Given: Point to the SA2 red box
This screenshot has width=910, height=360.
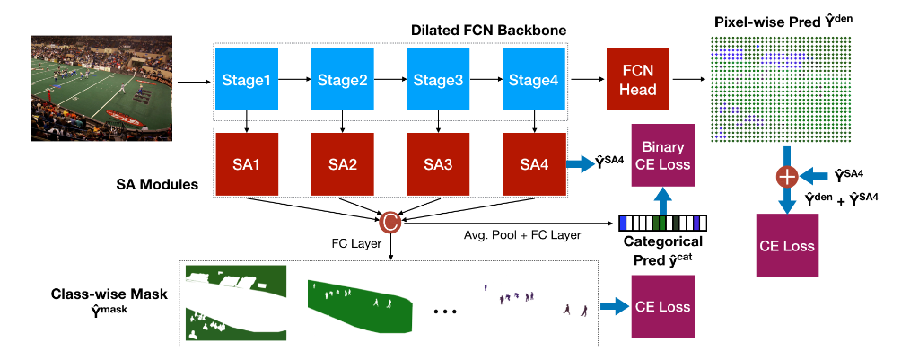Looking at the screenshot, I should tap(343, 164).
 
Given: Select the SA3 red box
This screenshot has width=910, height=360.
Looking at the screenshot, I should tap(439, 164).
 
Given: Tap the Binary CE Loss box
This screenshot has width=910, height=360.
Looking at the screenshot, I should tap(663, 155).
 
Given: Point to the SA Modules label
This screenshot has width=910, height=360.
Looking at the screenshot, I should tap(154, 183).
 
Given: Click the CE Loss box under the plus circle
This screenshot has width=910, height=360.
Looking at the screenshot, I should tap(787, 244).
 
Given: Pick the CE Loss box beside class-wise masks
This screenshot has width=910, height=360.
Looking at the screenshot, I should tap(663, 306).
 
